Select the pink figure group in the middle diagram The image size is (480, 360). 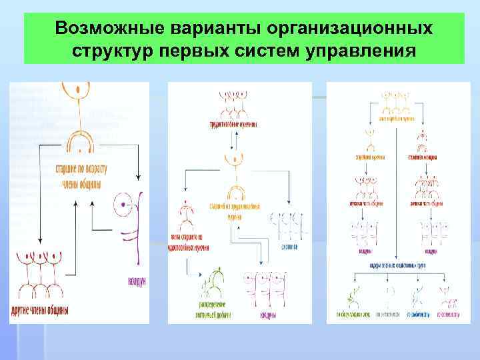[x=265, y=287]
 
